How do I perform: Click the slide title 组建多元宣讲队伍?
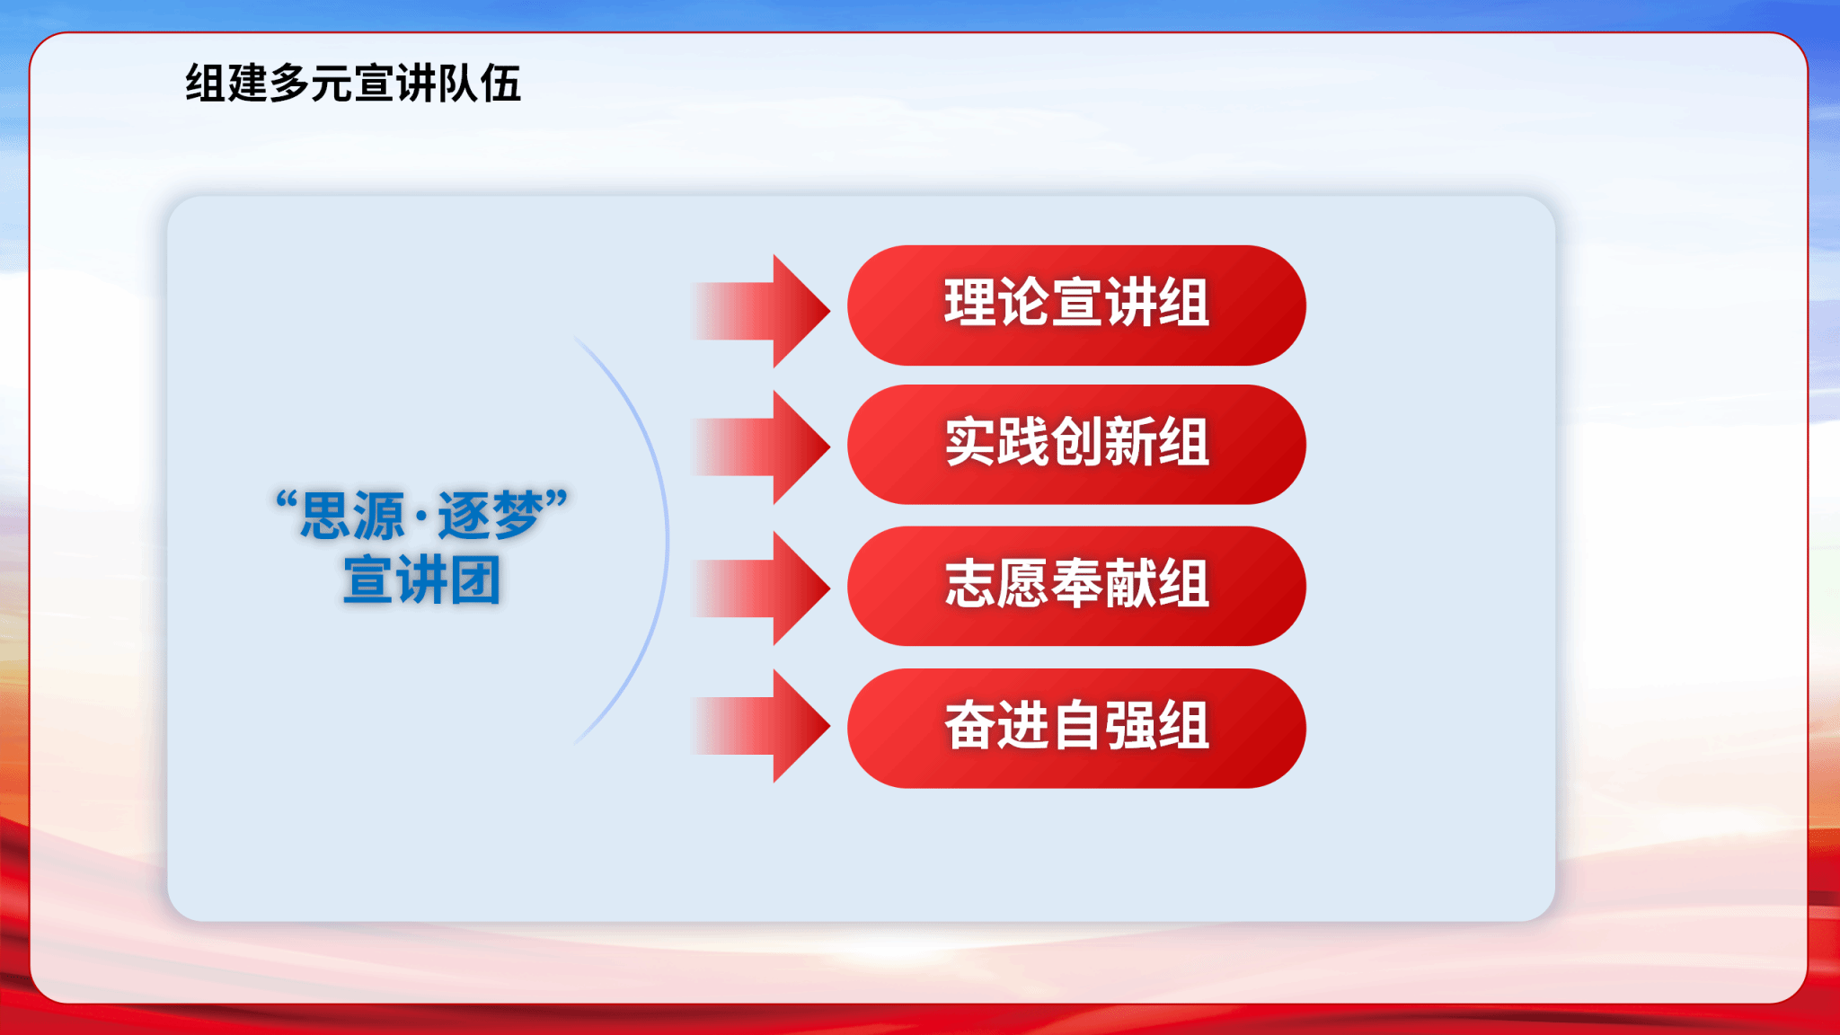(x=353, y=84)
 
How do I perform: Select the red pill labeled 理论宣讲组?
(x=1076, y=305)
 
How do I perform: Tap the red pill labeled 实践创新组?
(x=1076, y=445)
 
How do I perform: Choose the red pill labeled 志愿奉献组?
(x=1076, y=586)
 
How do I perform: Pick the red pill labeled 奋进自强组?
(x=1076, y=728)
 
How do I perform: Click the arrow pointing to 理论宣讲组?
(x=762, y=311)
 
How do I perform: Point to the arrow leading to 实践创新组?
(x=762, y=447)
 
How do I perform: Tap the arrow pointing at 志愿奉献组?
(x=762, y=588)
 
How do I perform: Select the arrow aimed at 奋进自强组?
(x=762, y=726)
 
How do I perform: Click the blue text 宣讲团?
(x=421, y=580)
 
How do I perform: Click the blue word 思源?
(x=352, y=516)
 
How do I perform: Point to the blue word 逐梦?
(x=491, y=516)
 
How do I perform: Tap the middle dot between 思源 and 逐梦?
(x=421, y=517)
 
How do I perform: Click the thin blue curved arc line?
(x=667, y=540)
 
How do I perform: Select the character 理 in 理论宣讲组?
(x=969, y=302)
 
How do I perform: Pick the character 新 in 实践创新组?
(x=1130, y=442)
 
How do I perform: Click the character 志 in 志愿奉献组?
(x=969, y=583)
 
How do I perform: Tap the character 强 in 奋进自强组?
(x=1130, y=725)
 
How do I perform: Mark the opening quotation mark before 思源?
(x=287, y=500)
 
